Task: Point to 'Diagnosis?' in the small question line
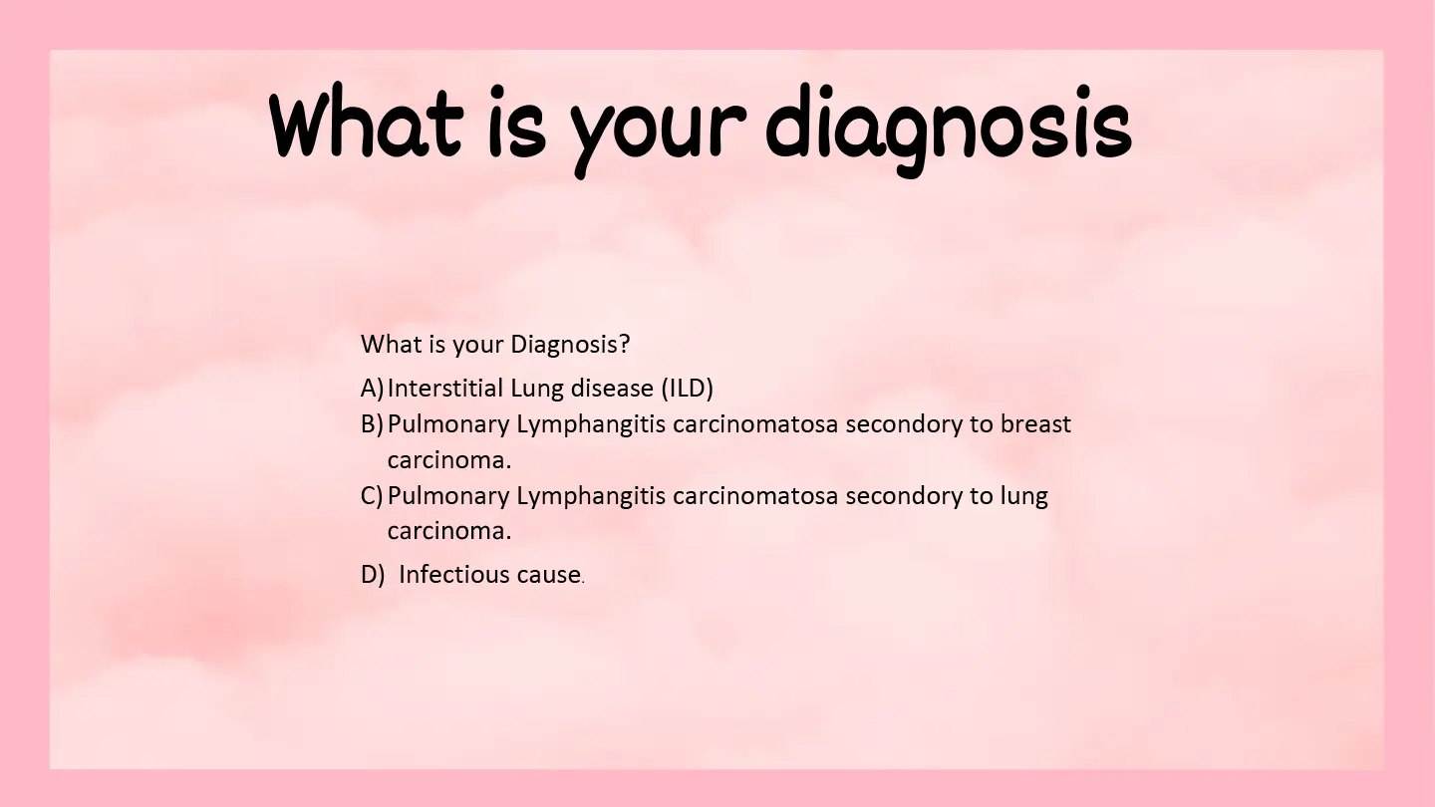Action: click(x=570, y=345)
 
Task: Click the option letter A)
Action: click(x=372, y=389)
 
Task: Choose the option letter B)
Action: click(x=372, y=424)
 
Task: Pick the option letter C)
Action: click(x=372, y=496)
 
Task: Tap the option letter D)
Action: click(x=373, y=575)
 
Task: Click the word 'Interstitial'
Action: click(x=445, y=389)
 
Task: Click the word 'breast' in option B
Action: click(x=1036, y=424)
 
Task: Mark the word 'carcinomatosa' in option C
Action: click(x=755, y=497)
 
